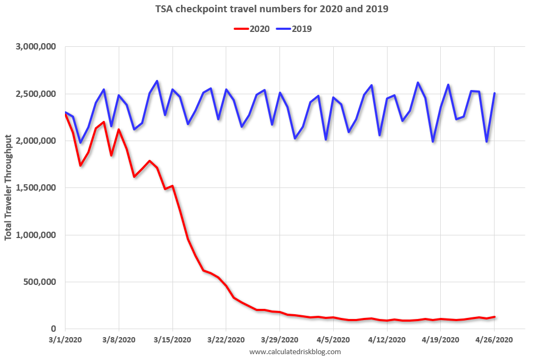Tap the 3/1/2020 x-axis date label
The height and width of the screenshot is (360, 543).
click(65, 340)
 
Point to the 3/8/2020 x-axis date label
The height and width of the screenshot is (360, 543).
click(119, 340)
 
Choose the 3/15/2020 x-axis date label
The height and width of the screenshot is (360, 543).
click(172, 340)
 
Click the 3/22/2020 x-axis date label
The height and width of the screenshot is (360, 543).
click(226, 340)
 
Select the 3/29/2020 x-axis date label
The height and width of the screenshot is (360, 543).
click(280, 340)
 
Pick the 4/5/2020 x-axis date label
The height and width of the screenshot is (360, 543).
click(333, 340)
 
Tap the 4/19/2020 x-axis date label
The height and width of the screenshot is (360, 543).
click(441, 340)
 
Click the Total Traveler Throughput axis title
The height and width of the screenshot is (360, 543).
click(9, 188)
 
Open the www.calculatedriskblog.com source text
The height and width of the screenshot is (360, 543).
click(294, 351)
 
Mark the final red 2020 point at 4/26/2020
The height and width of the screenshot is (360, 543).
click(495, 317)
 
